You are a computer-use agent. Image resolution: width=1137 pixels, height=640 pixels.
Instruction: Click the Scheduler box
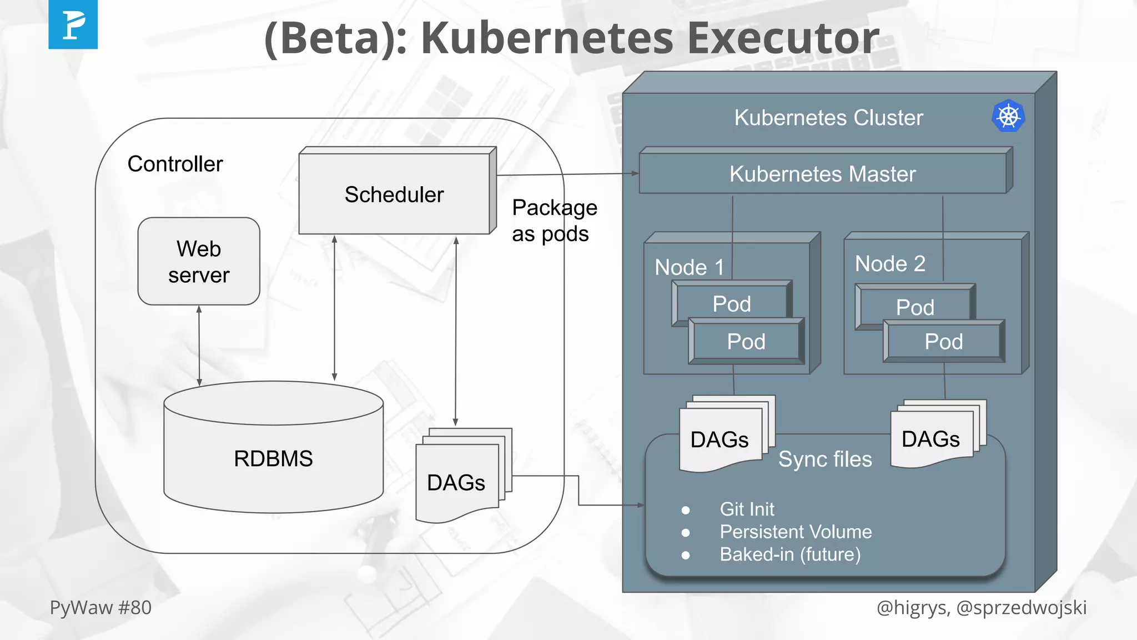pos(394,194)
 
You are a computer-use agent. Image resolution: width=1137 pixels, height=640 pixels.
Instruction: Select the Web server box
pos(199,262)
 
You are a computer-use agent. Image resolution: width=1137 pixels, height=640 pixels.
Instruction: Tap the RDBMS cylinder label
pos(273,458)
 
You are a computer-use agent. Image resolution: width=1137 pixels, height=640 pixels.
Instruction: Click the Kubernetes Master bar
pos(822,174)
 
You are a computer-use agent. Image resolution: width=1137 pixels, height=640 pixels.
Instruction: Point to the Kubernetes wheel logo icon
pos(1008,116)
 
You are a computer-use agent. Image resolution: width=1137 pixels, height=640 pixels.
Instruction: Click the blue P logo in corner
pos(73,24)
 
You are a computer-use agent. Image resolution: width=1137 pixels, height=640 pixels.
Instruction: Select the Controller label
pos(175,164)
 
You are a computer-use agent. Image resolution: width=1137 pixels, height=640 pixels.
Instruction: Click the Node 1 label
pos(689,267)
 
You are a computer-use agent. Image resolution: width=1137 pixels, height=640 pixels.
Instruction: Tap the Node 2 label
pos(890,263)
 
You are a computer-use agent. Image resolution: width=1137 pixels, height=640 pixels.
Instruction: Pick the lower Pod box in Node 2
pos(943,341)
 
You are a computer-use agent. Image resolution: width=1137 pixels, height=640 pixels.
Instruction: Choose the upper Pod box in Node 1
pos(731,303)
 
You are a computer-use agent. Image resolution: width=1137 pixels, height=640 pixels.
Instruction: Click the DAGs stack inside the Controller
pos(456,482)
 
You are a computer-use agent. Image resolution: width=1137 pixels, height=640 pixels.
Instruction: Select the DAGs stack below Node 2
pos(931,438)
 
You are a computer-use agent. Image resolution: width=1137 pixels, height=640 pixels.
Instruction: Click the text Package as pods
pos(554,221)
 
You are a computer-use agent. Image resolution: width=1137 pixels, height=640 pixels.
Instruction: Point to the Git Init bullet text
pos(747,509)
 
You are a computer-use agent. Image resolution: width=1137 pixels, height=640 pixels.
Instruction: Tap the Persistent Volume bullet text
pos(795,532)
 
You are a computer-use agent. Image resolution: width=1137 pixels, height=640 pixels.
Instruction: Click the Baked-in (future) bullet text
pos(790,554)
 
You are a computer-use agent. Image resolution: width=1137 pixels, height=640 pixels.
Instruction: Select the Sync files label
pos(824,459)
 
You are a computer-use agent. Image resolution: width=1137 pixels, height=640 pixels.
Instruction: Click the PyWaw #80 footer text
pos(100,607)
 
